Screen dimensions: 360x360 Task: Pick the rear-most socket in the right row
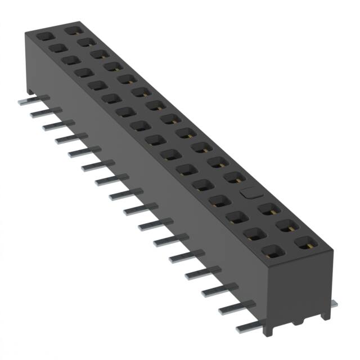click(72, 28)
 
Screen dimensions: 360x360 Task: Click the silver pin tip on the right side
click(334, 304)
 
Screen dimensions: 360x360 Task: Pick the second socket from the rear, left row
click(57, 48)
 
